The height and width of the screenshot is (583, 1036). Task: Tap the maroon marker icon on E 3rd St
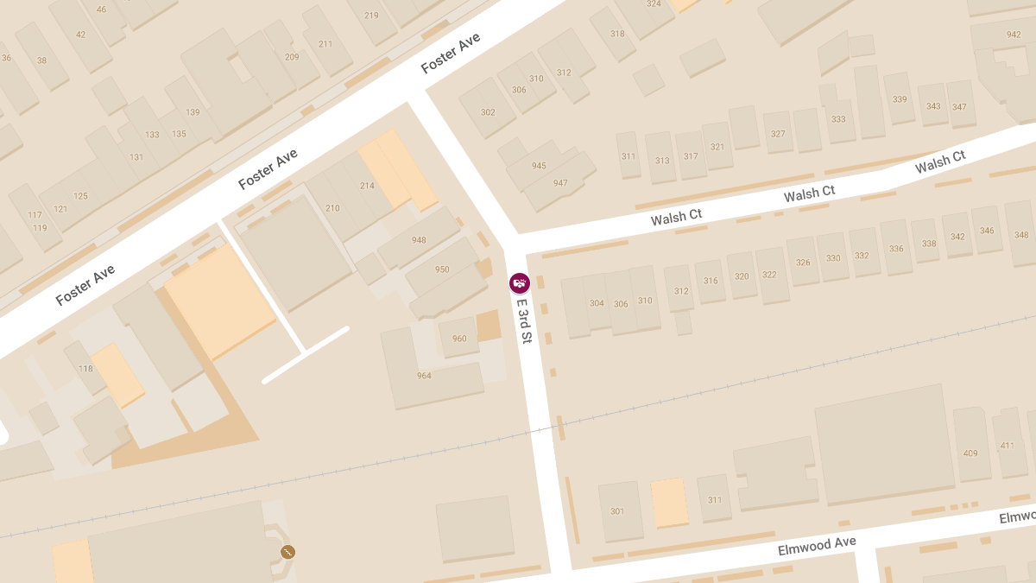519,283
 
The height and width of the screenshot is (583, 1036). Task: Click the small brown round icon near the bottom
287,552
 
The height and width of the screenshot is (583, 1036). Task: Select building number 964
424,376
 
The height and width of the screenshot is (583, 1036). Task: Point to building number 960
459,339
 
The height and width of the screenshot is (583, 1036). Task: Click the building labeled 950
442,269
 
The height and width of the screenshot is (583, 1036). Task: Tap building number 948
420,240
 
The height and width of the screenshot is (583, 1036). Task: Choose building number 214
367,186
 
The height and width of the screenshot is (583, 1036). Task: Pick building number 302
488,112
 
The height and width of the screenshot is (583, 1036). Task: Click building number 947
560,183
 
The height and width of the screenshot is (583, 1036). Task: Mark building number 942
1014,35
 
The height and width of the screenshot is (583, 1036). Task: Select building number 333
838,119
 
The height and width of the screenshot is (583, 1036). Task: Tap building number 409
970,453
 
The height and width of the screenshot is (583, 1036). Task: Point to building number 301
617,511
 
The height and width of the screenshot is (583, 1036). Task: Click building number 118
85,369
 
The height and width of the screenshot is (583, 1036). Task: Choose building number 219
371,16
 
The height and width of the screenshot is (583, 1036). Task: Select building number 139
193,112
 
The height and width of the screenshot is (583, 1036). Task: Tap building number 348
1021,235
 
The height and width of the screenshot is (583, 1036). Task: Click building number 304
597,303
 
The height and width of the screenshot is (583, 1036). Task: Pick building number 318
617,35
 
